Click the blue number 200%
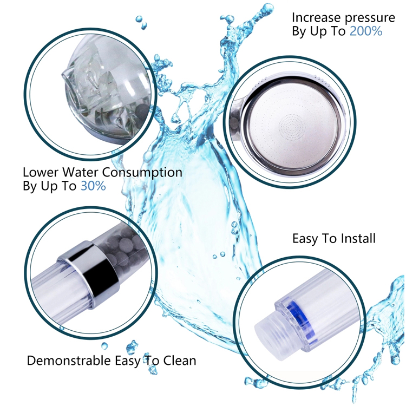[366, 31]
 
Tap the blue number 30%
[93, 186]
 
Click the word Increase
[316, 18]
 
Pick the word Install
[358, 238]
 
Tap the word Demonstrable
[69, 360]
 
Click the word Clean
[179, 360]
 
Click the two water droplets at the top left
[141, 22]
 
